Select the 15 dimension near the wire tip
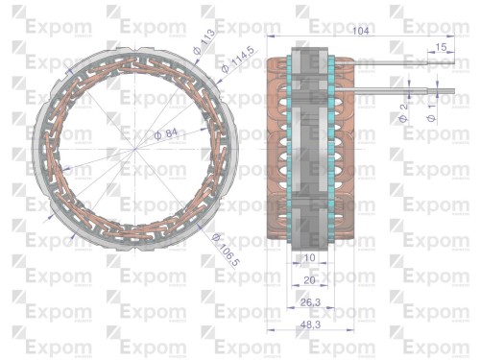(x=441, y=47)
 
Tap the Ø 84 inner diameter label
(x=165, y=135)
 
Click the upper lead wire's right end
(x=450, y=66)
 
